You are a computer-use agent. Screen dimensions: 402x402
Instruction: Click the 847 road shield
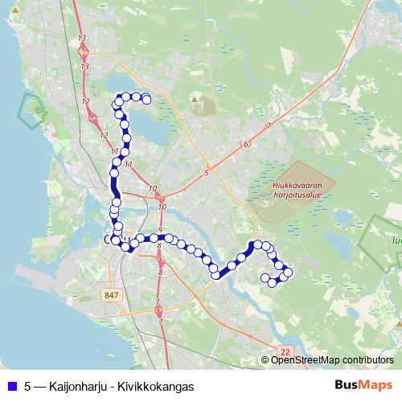(x=112, y=295)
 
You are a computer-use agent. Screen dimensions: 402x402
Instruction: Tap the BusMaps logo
(x=364, y=385)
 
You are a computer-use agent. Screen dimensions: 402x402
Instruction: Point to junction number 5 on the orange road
(x=207, y=172)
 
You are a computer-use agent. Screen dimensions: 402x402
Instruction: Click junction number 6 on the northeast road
(x=244, y=144)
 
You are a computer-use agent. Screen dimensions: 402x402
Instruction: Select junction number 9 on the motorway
(x=161, y=231)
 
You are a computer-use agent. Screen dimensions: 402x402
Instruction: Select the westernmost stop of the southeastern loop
(x=265, y=278)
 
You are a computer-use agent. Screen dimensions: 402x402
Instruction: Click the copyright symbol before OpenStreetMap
(x=266, y=359)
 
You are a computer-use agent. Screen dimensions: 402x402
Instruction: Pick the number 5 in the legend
(x=28, y=386)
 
